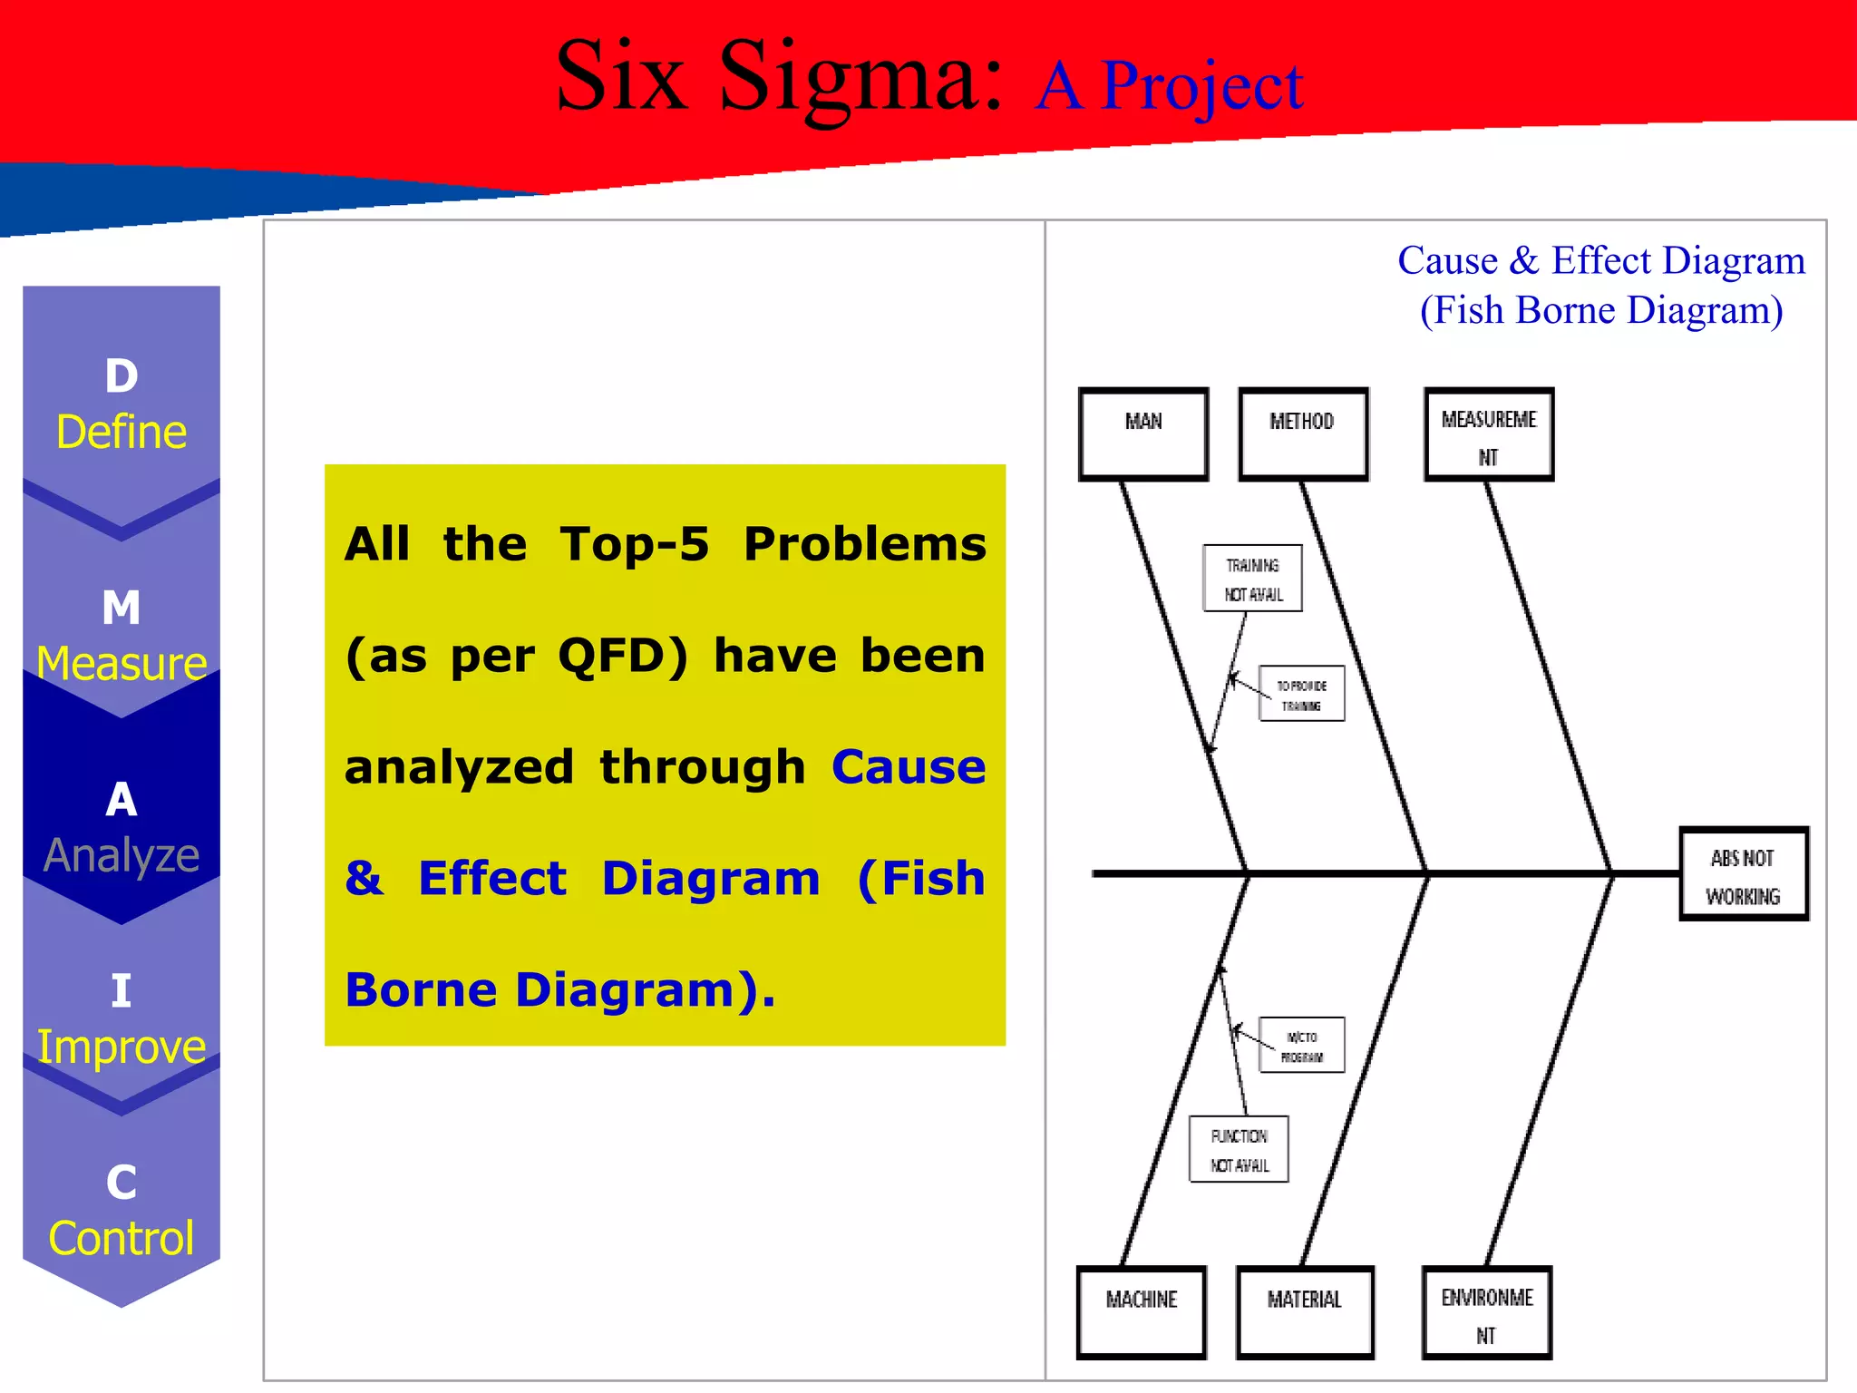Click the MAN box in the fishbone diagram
pyautogui.click(x=1143, y=433)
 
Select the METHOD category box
pyautogui.click(x=1302, y=433)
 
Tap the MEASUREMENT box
pyautogui.click(x=1489, y=434)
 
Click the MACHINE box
pyautogui.click(x=1142, y=1311)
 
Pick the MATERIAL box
pyautogui.click(x=1305, y=1311)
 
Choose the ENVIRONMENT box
pyautogui.click(x=1487, y=1312)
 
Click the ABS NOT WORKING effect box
pyautogui.click(x=1744, y=874)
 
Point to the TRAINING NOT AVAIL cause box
pyautogui.click(x=1252, y=579)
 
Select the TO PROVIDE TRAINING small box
pyautogui.click(x=1301, y=695)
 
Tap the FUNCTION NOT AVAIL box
pyautogui.click(x=1239, y=1149)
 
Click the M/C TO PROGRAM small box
pyautogui.click(x=1301, y=1046)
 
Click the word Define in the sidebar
pyautogui.click(x=122, y=432)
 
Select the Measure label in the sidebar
pyautogui.click(x=122, y=663)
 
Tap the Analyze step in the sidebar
pyautogui.click(x=122, y=855)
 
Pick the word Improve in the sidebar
pyautogui.click(x=122, y=1047)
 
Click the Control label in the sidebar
pyautogui.click(x=122, y=1238)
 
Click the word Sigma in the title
pyautogui.click(x=860, y=80)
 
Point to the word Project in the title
pyautogui.click(x=1201, y=87)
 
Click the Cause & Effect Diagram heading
pyautogui.click(x=1601, y=261)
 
